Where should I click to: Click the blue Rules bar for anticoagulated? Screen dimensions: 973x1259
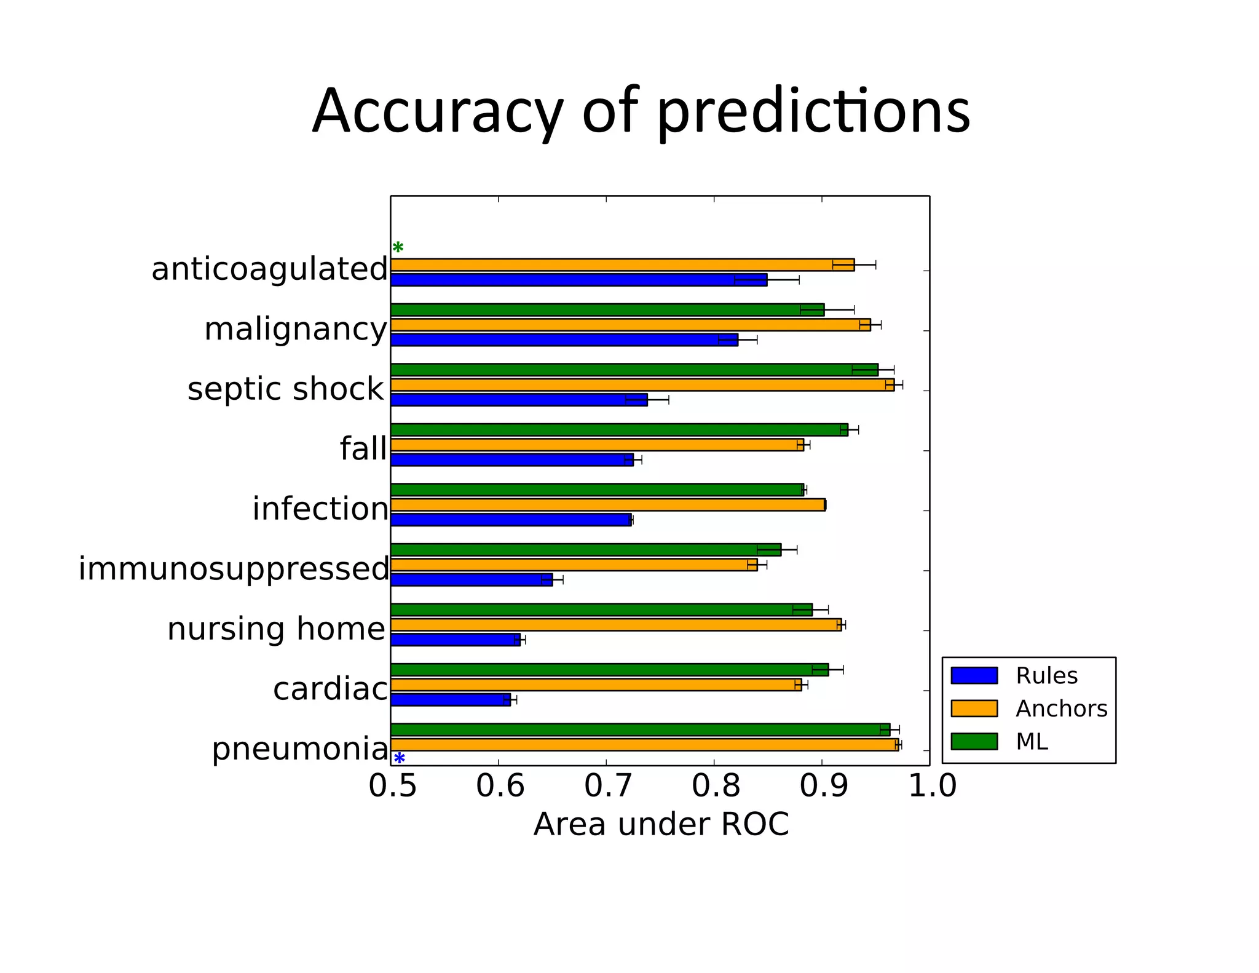578,280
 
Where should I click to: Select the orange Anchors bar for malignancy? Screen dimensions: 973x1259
630,325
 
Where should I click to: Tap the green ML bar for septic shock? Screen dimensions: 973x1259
633,370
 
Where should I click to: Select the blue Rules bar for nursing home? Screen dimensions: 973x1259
455,640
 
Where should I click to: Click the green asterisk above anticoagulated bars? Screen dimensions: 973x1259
398,248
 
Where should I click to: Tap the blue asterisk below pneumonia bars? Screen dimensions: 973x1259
399,758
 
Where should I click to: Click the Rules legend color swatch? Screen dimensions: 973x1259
974,675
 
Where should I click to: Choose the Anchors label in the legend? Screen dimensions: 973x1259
1061,709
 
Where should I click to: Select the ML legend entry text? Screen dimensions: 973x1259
1032,742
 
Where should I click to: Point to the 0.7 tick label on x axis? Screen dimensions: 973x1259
607,787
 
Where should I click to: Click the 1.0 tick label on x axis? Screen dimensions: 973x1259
932,787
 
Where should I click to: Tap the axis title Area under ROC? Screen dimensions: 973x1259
661,824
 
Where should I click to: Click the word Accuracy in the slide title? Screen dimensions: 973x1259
437,112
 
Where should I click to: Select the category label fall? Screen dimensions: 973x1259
363,448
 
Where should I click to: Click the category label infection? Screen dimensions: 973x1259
320,509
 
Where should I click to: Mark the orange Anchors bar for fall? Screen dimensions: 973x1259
596,445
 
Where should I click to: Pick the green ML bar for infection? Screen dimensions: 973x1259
596,490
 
